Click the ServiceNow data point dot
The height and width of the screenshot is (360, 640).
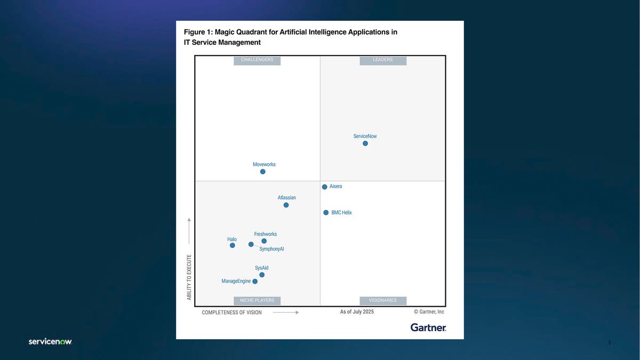[365, 143]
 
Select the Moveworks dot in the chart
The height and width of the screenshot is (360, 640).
[262, 172]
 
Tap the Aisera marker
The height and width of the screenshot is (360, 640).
[324, 187]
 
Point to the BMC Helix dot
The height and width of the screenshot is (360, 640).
[326, 212]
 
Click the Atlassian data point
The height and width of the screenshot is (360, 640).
[286, 205]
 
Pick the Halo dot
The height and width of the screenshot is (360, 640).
[232, 245]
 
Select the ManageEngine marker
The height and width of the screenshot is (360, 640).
[255, 282]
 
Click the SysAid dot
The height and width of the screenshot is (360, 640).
[262, 275]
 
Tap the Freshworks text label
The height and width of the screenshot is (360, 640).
[265, 234]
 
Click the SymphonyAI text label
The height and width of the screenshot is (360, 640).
[271, 249]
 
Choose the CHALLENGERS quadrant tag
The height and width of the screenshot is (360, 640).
[257, 60]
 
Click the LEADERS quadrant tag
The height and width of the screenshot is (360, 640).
[383, 60]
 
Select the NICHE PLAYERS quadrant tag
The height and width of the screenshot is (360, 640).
[257, 301]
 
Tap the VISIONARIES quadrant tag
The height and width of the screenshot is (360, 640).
[383, 301]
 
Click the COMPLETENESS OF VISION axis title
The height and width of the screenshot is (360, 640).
[231, 313]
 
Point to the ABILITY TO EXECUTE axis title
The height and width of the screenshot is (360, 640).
[189, 277]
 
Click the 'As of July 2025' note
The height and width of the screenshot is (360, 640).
[357, 312]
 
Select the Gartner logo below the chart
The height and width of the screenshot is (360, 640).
[428, 327]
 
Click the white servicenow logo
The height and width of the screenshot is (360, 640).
[50, 341]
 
